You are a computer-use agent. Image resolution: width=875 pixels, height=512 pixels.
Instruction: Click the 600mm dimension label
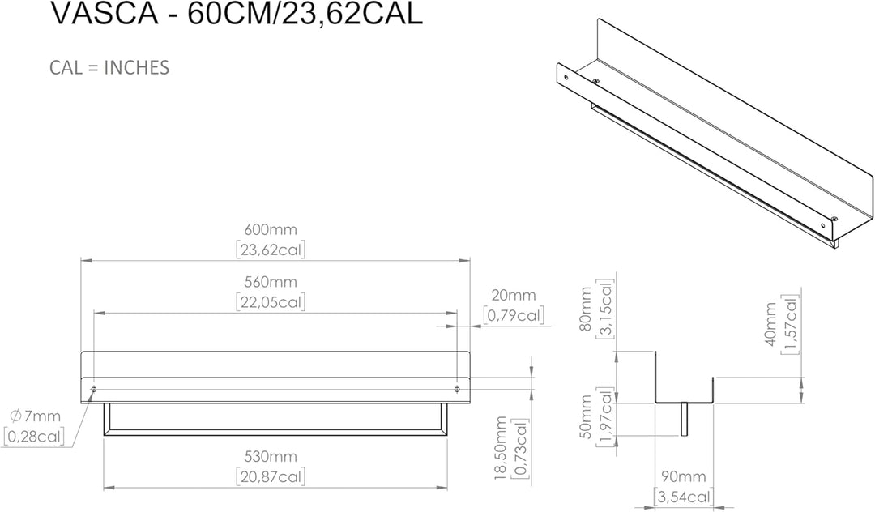271,229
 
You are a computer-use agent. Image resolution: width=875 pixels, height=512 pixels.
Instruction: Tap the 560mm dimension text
271,282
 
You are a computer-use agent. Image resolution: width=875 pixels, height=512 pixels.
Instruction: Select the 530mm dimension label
271,456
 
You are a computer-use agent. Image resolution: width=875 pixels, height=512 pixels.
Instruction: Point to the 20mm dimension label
513,295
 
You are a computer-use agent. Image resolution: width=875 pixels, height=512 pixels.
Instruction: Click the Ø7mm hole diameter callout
36,416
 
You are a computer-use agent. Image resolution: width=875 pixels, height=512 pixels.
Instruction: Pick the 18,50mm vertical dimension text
501,448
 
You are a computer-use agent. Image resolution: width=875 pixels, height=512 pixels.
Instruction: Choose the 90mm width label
684,477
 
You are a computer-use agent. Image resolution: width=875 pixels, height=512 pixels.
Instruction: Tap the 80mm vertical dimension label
586,309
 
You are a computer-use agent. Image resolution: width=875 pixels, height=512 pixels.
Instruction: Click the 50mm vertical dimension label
586,416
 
